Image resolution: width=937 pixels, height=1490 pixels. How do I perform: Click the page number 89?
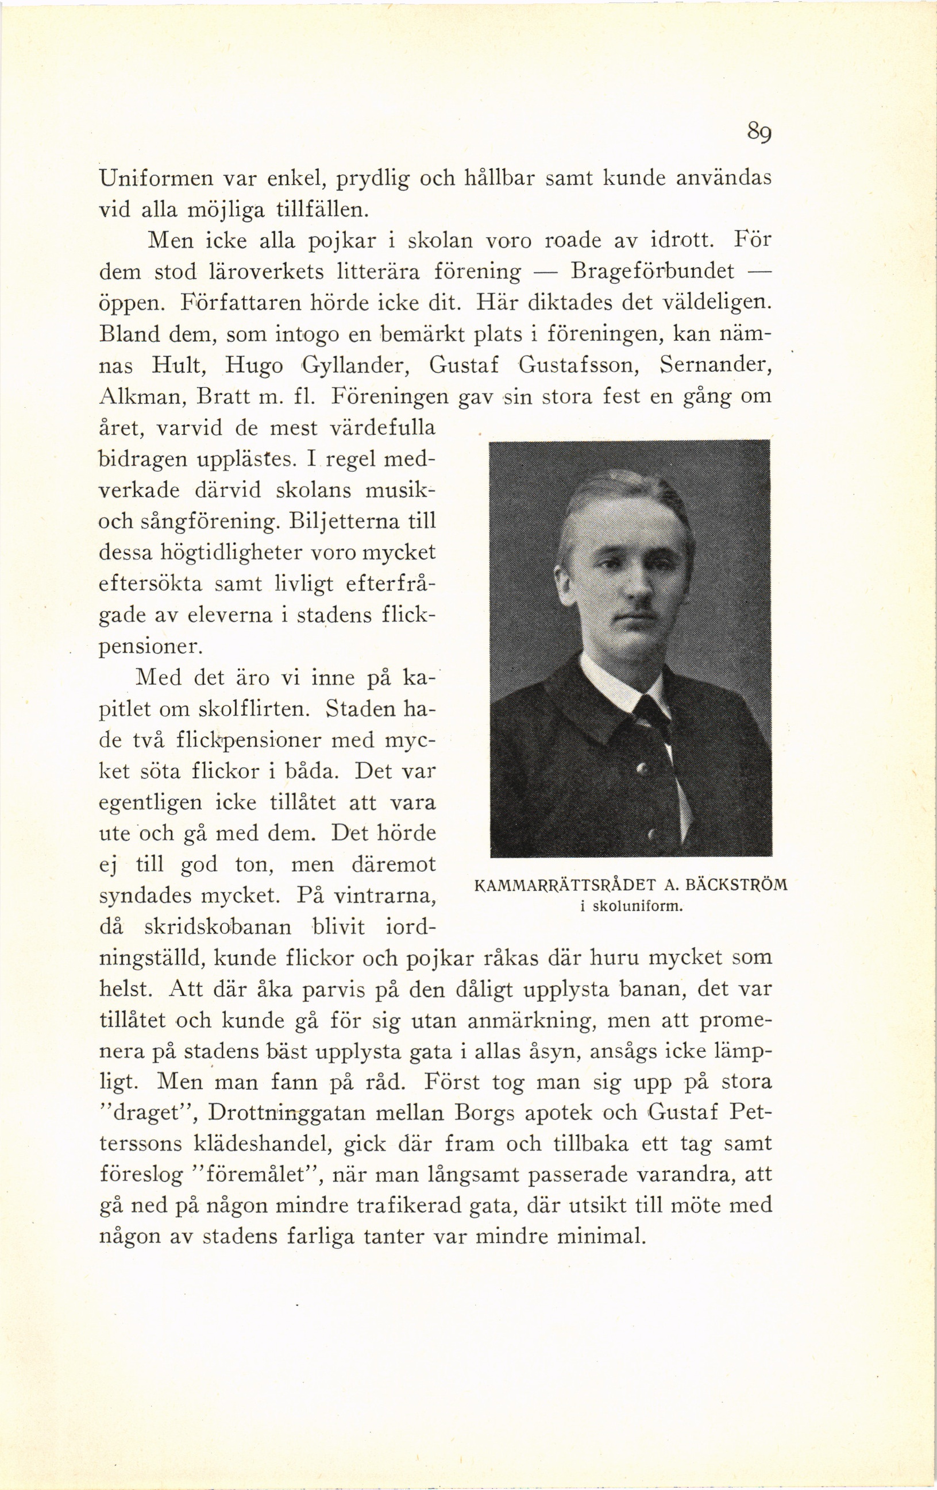758,133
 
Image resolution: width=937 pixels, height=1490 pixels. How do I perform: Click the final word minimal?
601,1237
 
